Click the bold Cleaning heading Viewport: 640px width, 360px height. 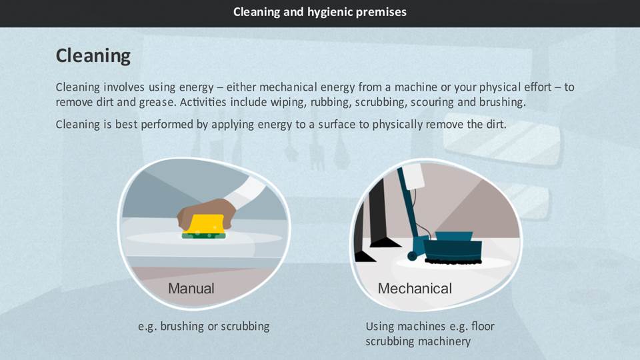(x=93, y=56)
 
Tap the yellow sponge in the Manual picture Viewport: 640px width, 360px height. (x=204, y=224)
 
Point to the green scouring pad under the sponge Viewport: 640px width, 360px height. (x=204, y=235)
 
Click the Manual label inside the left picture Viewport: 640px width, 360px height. (x=191, y=289)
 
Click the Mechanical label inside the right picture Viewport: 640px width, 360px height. (x=415, y=289)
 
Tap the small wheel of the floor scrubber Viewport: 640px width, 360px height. (x=412, y=256)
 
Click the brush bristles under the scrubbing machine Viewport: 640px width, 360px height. (x=453, y=260)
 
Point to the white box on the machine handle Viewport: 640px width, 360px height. (x=414, y=176)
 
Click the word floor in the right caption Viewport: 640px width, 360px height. (x=483, y=326)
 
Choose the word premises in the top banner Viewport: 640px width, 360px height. (x=381, y=13)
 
